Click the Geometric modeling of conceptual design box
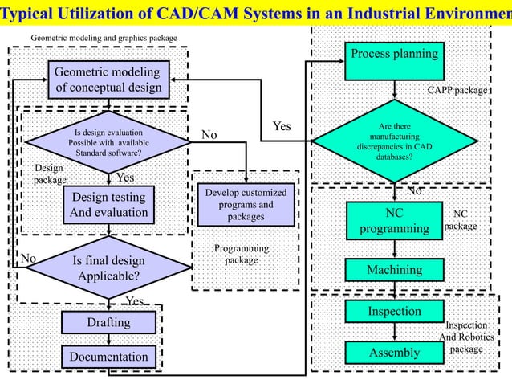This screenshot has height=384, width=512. coord(108,80)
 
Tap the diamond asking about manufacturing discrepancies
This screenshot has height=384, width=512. coord(394,141)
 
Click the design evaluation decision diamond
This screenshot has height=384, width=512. coord(108,142)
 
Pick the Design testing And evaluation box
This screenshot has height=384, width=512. coord(108,205)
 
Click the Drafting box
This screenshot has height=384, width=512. coord(108,323)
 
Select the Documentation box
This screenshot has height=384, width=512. coord(108,356)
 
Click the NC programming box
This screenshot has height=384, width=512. coord(394,221)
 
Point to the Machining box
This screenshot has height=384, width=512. coord(394,271)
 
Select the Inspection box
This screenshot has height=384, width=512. coord(394,311)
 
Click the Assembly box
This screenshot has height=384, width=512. coord(394,353)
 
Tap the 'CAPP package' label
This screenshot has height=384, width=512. coord(457,91)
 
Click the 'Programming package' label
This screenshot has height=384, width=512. coord(242,255)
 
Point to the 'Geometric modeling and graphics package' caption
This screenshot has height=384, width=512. coord(104,38)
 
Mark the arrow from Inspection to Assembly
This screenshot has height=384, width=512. coord(394,331)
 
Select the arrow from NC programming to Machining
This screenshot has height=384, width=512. coord(394,248)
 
